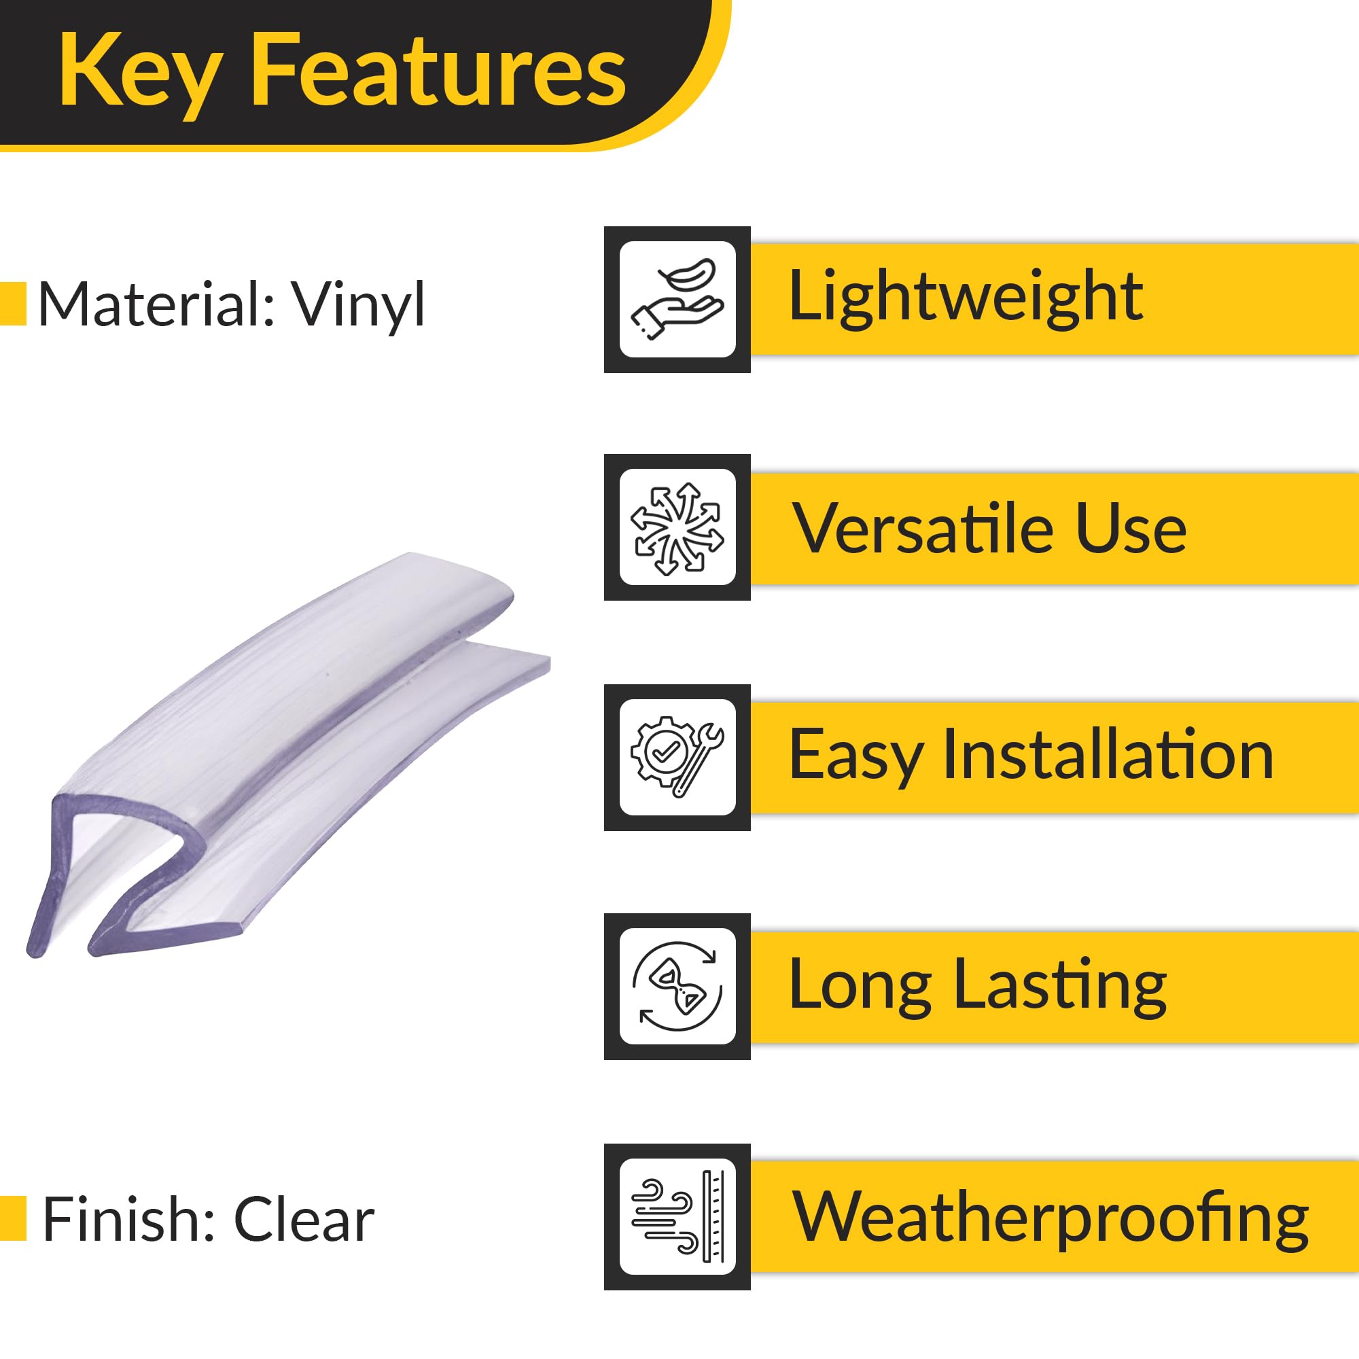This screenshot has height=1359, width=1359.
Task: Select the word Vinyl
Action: coord(359,304)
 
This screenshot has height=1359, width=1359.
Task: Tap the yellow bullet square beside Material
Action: coord(13,304)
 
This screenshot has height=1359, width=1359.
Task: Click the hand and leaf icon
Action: coord(677,299)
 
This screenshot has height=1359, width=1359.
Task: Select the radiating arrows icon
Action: coord(677,527)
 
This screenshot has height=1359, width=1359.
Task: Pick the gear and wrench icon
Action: coord(677,758)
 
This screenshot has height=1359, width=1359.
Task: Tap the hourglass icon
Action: coord(677,987)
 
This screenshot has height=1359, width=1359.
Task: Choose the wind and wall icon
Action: coord(677,1217)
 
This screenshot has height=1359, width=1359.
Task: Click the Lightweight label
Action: coord(966,298)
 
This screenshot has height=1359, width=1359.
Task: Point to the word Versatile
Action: coord(921,528)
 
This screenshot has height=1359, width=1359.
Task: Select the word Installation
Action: coord(1108,754)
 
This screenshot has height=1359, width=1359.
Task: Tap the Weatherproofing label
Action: coord(1051,1218)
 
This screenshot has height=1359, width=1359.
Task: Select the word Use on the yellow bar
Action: coord(1131,528)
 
